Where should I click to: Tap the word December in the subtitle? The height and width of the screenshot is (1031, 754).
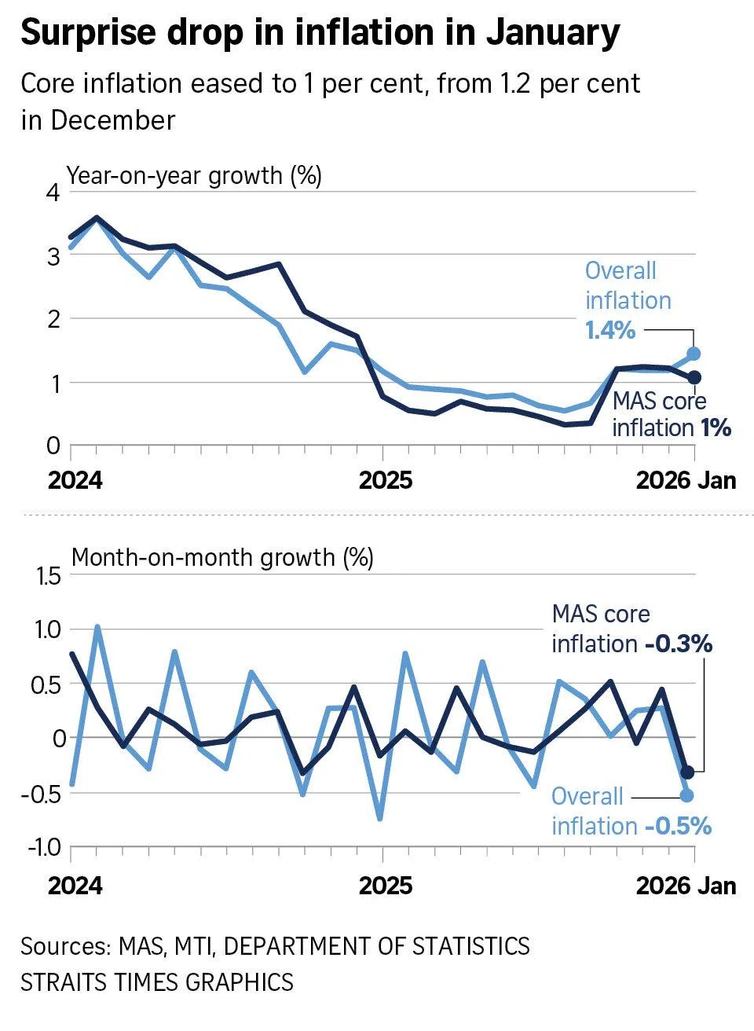(x=113, y=120)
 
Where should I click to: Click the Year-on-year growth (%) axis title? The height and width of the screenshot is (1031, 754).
(x=194, y=175)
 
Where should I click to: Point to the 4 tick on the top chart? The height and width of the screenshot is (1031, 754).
(x=53, y=192)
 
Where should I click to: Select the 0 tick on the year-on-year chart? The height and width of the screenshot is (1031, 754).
(x=53, y=446)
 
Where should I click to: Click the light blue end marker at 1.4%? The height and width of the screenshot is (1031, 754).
(x=694, y=354)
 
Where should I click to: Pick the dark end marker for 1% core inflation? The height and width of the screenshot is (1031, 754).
(x=694, y=378)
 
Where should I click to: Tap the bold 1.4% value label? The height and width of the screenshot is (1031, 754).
(x=610, y=330)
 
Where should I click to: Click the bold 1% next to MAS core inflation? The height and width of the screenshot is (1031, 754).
(x=716, y=428)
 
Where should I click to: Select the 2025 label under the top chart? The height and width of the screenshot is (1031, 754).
(x=385, y=480)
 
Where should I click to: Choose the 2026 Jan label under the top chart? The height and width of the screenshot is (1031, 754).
(x=686, y=480)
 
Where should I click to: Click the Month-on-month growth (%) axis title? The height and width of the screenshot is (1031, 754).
(x=222, y=558)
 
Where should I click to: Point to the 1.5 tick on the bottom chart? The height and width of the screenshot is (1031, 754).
(x=44, y=577)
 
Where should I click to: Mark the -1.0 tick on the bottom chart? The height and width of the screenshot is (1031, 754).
(x=44, y=847)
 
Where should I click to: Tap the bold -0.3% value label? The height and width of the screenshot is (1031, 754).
(x=679, y=644)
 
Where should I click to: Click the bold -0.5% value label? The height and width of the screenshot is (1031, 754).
(x=679, y=826)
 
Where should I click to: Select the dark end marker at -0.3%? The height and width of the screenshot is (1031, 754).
(x=687, y=772)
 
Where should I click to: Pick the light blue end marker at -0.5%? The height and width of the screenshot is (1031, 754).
(x=687, y=795)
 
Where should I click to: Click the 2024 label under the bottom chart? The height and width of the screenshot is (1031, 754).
(x=75, y=886)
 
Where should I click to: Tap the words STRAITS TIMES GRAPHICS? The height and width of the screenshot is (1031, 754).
(x=157, y=982)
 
